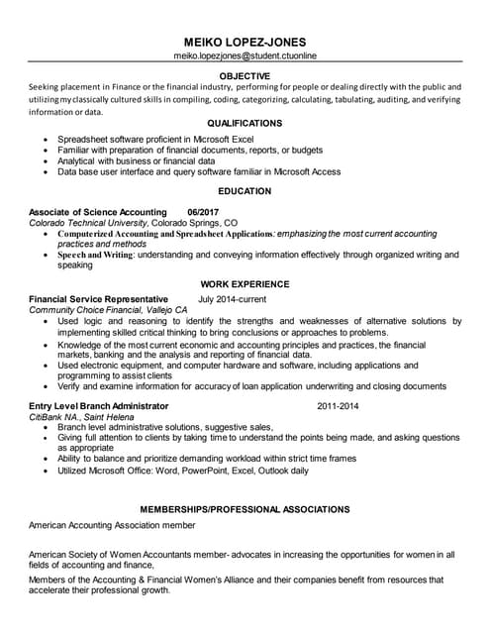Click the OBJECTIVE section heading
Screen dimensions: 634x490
pyautogui.click(x=245, y=76)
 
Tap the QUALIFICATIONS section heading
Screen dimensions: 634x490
pyautogui.click(x=245, y=123)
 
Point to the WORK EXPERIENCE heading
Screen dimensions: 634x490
pyautogui.click(x=245, y=282)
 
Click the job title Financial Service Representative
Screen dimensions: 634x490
pyautogui.click(x=98, y=299)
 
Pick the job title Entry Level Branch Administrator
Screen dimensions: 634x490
pyautogui.click(x=98, y=406)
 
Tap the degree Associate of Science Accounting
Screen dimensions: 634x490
pyautogui.click(x=97, y=212)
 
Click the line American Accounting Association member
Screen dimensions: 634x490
pyautogui.click(x=112, y=525)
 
